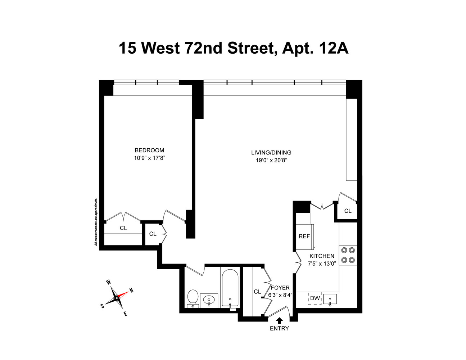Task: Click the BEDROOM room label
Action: coord(149,150)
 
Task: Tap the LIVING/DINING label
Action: coord(271,153)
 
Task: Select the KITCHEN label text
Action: coord(322,256)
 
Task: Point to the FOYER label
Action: coord(280,288)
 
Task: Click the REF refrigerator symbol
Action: coord(304,237)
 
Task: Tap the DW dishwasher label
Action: coord(315,298)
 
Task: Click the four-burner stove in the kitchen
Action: coord(348,255)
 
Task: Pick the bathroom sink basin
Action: coord(209,300)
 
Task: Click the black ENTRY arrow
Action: coord(279,320)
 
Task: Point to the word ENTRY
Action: coord(279,328)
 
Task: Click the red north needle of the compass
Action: coord(123,294)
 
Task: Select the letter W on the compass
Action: coord(108,283)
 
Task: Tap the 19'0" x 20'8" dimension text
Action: coord(271,161)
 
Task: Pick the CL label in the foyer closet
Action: coord(257,292)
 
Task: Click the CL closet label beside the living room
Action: coord(348,211)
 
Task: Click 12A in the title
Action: coord(333,48)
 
